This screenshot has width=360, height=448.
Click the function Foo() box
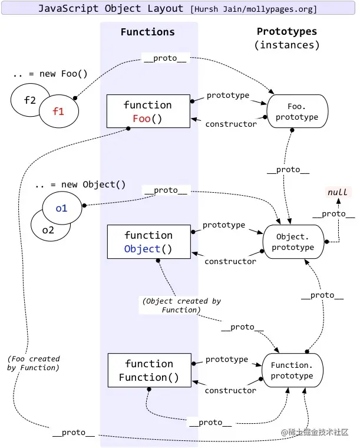pyautogui.click(x=148, y=111)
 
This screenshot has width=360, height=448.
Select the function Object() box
pyautogui.click(x=148, y=242)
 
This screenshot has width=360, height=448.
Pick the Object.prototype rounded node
pyautogui.click(x=293, y=242)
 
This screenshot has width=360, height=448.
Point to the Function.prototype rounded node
pyautogui.click(x=292, y=370)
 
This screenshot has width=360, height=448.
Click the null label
pyautogui.click(x=338, y=192)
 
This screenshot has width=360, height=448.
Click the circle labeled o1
pyautogui.click(x=62, y=208)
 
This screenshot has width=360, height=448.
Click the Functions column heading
pyautogui.click(x=147, y=32)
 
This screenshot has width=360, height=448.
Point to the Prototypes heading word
pyautogui.click(x=287, y=31)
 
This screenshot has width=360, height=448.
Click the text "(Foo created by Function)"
pyautogui.click(x=34, y=363)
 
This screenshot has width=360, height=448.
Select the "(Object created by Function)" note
pyautogui.click(x=181, y=305)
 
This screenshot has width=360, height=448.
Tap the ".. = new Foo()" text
pyautogui.click(x=49, y=74)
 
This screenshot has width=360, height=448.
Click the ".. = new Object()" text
pyautogui.click(x=80, y=185)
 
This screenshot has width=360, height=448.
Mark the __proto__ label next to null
pyautogui.click(x=333, y=214)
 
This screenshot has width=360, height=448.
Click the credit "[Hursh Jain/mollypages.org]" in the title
pyautogui.click(x=253, y=9)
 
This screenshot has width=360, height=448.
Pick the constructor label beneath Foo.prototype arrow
pyautogui.click(x=231, y=124)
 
